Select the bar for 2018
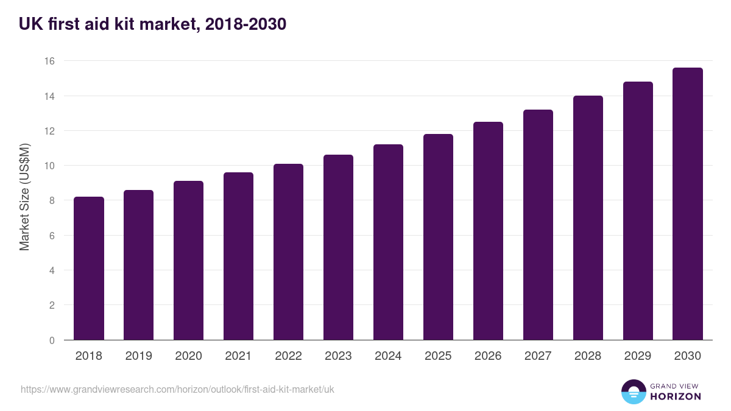tap(89, 269)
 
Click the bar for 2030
tap(688, 204)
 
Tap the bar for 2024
tap(388, 242)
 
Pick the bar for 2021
tap(238, 256)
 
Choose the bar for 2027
tap(538, 225)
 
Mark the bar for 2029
tap(638, 211)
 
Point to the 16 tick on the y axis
tap(49, 61)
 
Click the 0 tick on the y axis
tap(52, 340)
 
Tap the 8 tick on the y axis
tap(52, 201)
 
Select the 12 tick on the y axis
tap(49, 131)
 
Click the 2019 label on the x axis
tap(139, 356)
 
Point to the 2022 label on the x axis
tap(288, 356)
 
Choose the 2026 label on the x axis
tap(488, 356)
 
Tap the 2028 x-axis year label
tap(588, 356)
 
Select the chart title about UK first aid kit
tap(152, 24)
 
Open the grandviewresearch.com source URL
tap(178, 389)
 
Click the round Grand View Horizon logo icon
tap(634, 392)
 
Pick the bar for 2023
tap(338, 248)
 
